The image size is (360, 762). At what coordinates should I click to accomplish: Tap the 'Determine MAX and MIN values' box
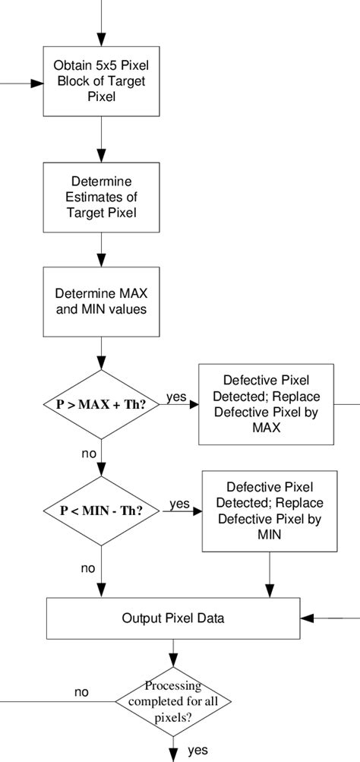pos(101,302)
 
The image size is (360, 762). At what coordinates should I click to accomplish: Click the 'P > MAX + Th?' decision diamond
pos(102,404)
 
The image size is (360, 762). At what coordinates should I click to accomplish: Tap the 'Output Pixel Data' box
pos(173,618)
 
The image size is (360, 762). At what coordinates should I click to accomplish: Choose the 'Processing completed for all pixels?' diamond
pos(174,700)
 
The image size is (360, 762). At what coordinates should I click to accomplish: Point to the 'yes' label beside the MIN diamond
pos(180,503)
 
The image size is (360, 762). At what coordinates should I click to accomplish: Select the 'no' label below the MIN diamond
pos(88,567)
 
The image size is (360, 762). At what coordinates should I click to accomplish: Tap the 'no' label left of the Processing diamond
pos(82,692)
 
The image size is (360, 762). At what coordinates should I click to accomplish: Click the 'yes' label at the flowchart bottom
pos(198,750)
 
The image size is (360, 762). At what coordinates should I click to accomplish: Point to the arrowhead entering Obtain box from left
pos(36,84)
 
